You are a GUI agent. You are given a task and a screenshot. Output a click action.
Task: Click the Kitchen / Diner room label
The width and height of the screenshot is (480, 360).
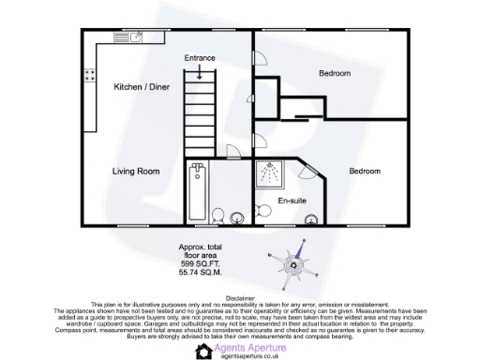(x=142, y=87)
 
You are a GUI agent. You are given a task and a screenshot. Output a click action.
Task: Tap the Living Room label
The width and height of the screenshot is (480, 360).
(x=136, y=172)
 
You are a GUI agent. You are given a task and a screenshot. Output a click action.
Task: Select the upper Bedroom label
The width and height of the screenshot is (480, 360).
(x=334, y=73)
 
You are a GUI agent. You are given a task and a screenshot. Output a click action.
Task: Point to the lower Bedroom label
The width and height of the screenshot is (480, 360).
(x=365, y=172)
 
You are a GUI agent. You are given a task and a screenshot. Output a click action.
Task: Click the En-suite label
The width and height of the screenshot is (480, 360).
(x=290, y=202)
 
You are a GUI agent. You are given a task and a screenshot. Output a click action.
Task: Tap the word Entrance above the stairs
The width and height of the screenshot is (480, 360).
(x=199, y=58)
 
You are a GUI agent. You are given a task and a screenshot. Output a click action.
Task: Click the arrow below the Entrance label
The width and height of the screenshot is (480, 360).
(x=199, y=71)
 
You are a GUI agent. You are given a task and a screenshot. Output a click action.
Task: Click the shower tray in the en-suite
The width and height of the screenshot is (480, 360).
(x=272, y=174)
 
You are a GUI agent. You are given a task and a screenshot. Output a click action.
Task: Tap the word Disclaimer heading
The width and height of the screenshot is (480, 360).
(x=240, y=293)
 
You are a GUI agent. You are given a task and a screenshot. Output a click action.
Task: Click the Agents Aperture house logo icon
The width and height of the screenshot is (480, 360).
(x=203, y=350)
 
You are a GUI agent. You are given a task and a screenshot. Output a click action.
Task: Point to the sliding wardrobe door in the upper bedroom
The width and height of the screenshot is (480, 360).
(x=295, y=116)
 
